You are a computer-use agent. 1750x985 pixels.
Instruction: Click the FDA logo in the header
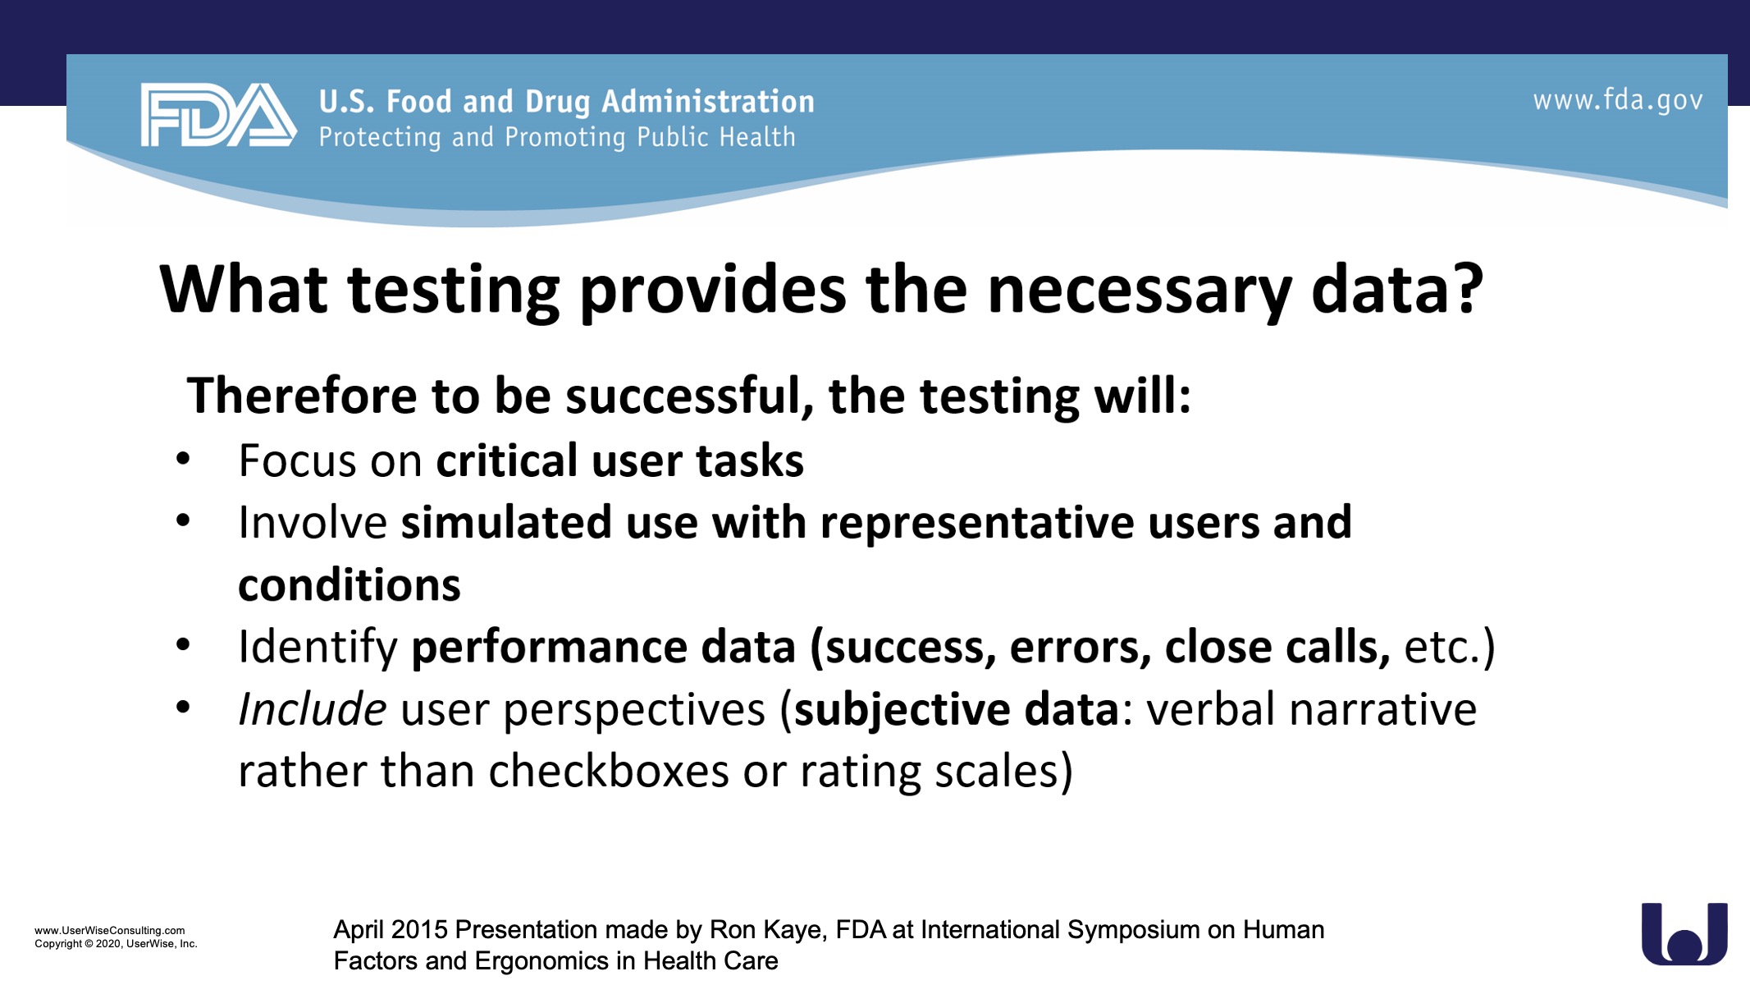(x=218, y=115)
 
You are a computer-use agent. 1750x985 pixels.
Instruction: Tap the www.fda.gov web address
(x=1618, y=101)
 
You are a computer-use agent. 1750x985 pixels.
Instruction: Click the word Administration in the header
(x=708, y=102)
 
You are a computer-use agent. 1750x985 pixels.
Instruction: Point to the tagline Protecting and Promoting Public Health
(x=557, y=137)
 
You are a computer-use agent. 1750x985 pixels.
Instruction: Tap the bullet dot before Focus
(x=183, y=460)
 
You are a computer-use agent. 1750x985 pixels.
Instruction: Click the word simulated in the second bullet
(x=506, y=523)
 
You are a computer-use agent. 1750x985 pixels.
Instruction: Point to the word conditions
(x=350, y=585)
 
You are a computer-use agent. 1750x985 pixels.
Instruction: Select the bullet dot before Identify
(x=183, y=645)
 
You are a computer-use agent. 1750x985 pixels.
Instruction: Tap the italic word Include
(x=312, y=709)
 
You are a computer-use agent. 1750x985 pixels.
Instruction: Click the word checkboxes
(x=609, y=772)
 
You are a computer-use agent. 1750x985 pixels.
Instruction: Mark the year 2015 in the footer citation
(x=419, y=930)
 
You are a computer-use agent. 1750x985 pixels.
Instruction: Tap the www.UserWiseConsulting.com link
(x=110, y=931)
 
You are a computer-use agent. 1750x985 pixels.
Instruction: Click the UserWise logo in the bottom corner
(x=1684, y=934)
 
